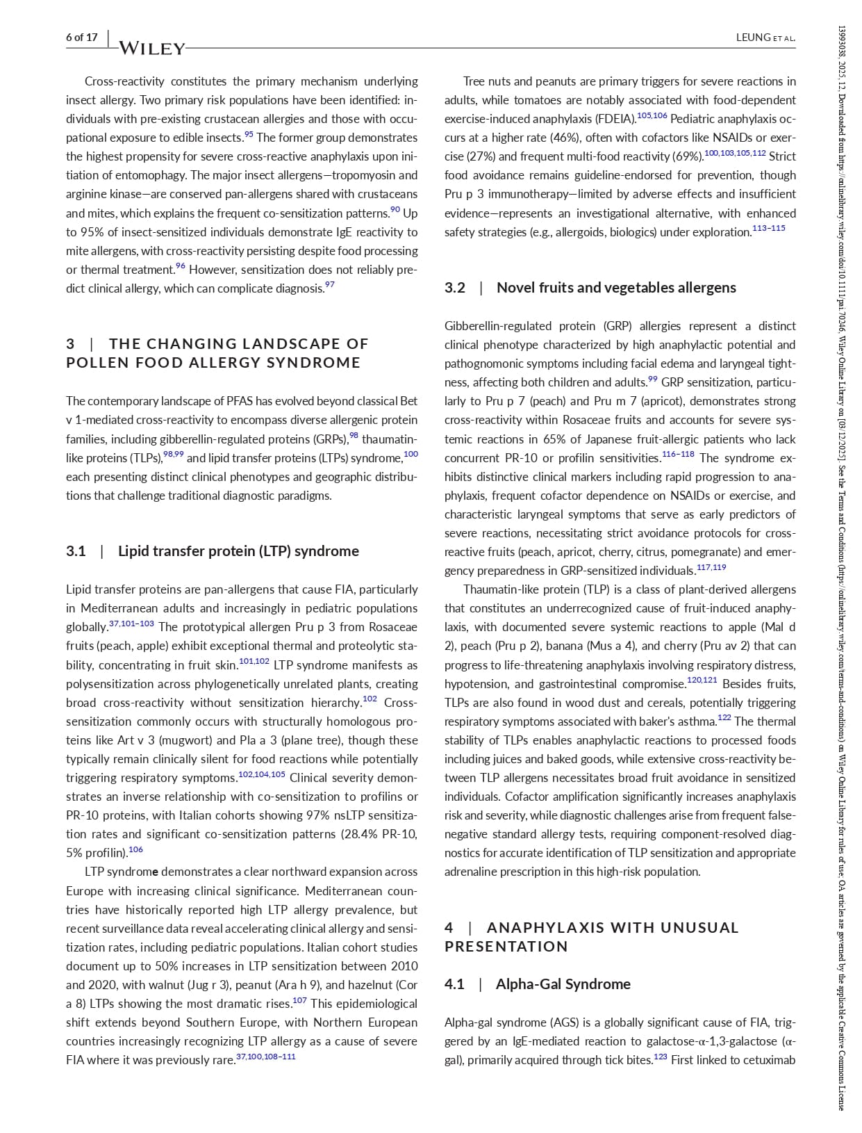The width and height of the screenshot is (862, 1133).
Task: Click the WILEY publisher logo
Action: point(152,48)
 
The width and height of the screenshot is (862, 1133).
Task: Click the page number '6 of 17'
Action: point(82,38)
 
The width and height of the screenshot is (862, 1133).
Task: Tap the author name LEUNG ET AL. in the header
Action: point(765,38)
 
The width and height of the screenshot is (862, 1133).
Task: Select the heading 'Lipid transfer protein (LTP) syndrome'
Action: point(238,551)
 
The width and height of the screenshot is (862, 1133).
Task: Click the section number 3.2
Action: point(455,288)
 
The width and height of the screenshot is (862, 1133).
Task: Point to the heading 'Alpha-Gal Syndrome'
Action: point(563,984)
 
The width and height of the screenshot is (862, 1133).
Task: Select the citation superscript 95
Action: point(249,134)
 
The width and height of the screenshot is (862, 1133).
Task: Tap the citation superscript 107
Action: point(299,1000)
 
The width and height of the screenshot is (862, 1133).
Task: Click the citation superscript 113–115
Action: point(768,228)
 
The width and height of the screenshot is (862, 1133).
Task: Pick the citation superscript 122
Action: point(724,717)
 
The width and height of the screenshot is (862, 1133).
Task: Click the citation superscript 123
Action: point(660,1057)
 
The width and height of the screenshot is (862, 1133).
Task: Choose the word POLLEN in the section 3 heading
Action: point(92,363)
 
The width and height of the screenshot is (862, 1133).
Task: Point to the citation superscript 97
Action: point(330,285)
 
